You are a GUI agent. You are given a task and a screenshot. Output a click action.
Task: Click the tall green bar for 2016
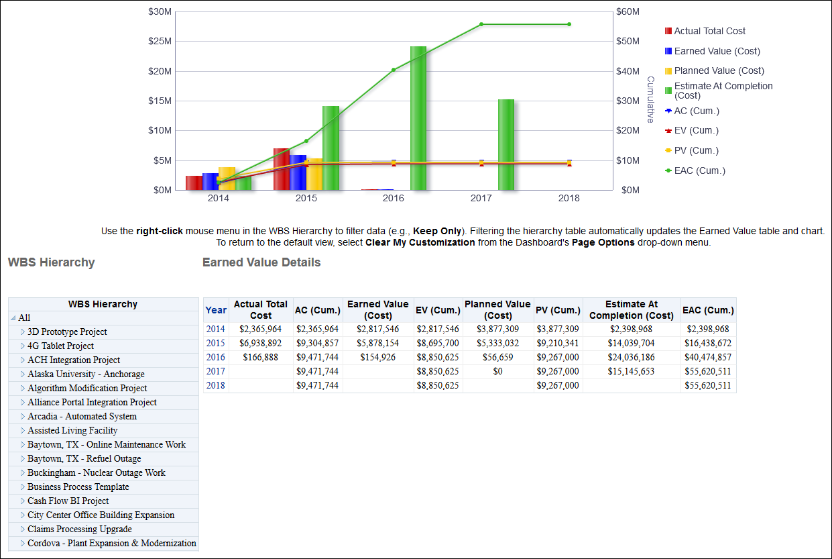(418, 118)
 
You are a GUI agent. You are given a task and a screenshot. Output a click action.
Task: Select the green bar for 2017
(506, 144)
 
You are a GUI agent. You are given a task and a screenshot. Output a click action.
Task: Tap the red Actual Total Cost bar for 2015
(281, 169)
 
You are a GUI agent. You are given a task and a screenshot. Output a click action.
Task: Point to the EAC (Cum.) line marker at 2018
(569, 24)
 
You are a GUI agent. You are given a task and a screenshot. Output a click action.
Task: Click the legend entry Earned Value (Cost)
(717, 51)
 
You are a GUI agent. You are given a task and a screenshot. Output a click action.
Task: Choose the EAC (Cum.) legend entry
(699, 170)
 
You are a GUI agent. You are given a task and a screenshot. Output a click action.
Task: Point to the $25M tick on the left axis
(160, 41)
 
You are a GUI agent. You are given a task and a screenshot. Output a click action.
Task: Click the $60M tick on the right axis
(628, 11)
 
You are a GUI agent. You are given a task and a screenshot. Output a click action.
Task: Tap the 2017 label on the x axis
(481, 199)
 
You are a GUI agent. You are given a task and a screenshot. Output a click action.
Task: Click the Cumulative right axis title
(650, 99)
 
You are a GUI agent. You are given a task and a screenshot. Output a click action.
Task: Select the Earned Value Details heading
(261, 262)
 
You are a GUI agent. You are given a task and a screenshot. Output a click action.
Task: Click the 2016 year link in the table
(216, 357)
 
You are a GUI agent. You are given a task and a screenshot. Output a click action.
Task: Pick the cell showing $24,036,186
(631, 357)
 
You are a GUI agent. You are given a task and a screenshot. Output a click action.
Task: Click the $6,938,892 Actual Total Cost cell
(261, 343)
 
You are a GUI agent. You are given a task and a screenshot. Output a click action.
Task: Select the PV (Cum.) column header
(558, 310)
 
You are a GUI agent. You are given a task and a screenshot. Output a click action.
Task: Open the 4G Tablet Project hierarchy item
(60, 346)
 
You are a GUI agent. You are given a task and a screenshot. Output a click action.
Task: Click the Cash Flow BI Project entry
(68, 501)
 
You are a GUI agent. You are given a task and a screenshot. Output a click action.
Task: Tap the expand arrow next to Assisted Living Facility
(22, 431)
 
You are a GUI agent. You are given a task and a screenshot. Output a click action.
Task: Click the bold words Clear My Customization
(420, 242)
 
